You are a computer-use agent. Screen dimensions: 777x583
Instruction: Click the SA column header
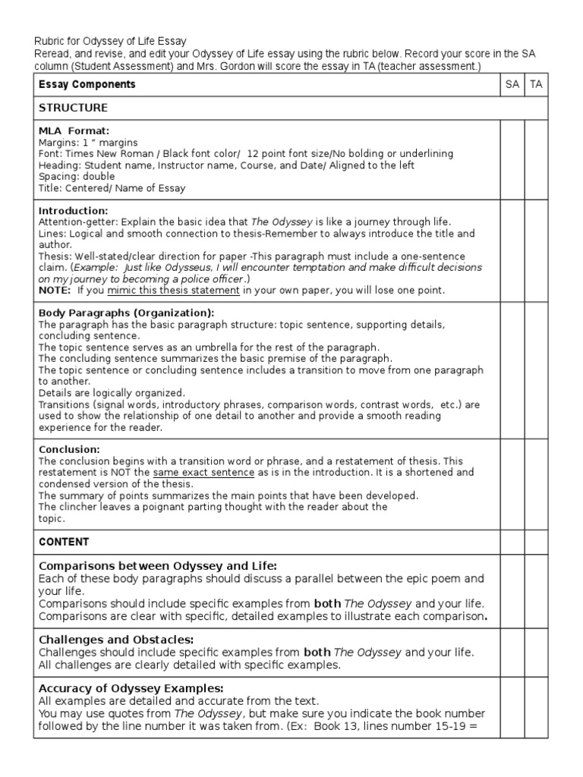[512, 84]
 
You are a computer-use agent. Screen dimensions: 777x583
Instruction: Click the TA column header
[536, 84]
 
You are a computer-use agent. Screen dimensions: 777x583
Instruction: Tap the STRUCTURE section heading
[73, 108]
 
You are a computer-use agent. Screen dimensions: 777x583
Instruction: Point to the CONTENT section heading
[64, 542]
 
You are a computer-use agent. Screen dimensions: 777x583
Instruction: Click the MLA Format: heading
[74, 131]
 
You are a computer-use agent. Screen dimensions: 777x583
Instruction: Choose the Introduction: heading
[73, 210]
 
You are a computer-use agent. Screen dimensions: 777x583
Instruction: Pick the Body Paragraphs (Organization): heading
[126, 313]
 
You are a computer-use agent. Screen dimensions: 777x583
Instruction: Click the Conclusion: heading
[69, 449]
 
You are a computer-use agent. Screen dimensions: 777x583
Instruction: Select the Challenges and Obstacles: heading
[116, 640]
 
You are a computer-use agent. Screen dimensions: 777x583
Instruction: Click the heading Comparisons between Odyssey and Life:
[158, 566]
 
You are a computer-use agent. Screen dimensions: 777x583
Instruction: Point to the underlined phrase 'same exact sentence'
[203, 472]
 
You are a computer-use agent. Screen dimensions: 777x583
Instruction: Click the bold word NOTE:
[55, 290]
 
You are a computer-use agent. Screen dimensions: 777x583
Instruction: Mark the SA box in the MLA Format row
[512, 159]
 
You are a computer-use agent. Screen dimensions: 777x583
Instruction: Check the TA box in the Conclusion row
[536, 483]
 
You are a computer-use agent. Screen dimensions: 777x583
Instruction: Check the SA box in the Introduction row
[512, 250]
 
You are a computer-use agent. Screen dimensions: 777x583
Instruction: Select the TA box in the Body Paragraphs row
[536, 370]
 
